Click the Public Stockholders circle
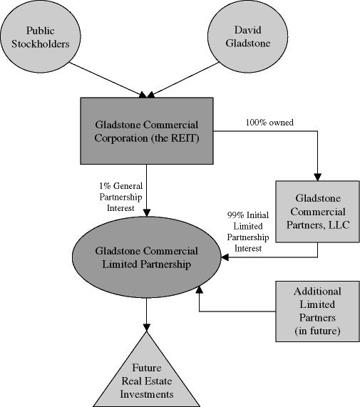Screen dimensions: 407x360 [40, 36]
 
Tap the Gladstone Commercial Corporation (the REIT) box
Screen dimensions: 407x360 [147, 132]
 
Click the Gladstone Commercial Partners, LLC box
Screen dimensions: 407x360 [318, 211]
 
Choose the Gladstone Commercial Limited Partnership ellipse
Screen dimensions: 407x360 [146, 259]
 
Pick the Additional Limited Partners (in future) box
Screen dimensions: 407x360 [317, 311]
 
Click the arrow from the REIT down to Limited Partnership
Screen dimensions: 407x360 [147, 189]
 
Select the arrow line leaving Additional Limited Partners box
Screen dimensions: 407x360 [235, 311]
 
